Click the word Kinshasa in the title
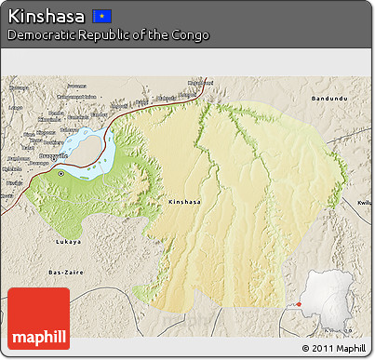46,16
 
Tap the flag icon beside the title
102,16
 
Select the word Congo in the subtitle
190,35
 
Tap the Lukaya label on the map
69,241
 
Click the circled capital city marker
61,173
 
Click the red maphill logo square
38,318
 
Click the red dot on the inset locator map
300,303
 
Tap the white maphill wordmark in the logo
38,336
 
